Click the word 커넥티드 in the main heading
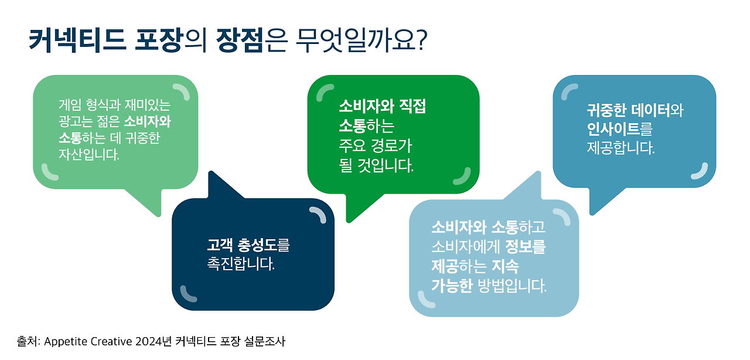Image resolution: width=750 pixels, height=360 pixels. (x=77, y=41)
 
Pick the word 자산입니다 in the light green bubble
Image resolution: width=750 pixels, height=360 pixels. (x=88, y=155)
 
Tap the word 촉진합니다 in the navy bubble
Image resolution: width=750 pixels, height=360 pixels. (x=241, y=264)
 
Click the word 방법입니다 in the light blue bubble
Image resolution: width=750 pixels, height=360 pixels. (x=511, y=287)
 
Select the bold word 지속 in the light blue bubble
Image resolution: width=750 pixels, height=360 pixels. (x=504, y=267)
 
